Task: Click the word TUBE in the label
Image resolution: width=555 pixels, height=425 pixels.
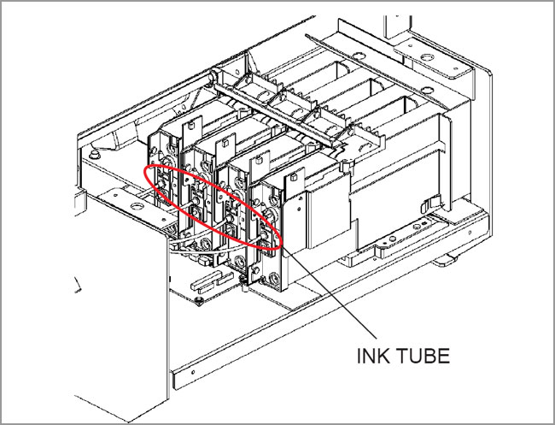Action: pos(423,356)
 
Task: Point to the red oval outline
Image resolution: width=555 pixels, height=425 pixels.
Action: pos(213,207)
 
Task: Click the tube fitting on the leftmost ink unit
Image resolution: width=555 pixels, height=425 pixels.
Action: pos(161,184)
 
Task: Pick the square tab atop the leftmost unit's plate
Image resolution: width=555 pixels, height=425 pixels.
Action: pos(190,125)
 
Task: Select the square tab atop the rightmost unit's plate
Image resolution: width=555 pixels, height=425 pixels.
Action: pos(293,176)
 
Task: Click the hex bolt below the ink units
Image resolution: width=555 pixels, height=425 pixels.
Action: pos(199,301)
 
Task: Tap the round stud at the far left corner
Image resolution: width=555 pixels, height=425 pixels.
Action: pos(94,155)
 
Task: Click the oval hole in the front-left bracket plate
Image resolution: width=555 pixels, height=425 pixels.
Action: pos(137,206)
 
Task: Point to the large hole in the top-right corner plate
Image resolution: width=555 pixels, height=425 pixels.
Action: pos(427,57)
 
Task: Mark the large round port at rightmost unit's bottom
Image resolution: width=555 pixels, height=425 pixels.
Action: pos(273,278)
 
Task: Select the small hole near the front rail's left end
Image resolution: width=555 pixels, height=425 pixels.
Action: pos(193,372)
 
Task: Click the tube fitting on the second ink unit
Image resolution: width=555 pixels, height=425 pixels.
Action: pos(195,201)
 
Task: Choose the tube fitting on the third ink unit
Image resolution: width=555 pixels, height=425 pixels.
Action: pos(229,219)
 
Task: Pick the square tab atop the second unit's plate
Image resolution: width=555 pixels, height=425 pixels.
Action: pos(225,143)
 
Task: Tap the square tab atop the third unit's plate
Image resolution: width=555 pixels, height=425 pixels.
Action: pos(259,160)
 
